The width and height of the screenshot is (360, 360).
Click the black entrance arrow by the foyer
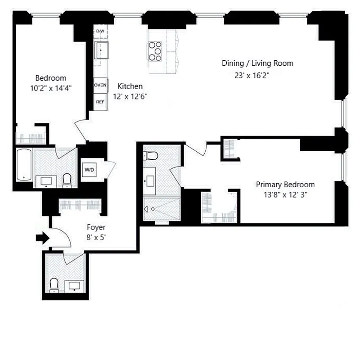42,238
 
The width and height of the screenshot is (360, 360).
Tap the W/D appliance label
89,170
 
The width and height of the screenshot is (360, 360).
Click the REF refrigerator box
100,102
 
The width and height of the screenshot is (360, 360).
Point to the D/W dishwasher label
100,31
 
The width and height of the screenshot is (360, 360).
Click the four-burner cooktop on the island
155,51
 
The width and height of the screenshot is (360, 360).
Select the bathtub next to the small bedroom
24,165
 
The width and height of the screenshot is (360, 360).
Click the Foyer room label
96,228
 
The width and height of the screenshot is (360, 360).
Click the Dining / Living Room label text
257,63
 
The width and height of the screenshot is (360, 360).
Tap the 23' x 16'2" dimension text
252,75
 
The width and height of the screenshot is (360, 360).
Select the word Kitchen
130,86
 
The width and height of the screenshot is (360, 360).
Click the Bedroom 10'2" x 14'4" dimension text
51,88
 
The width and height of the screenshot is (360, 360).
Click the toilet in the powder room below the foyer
54,285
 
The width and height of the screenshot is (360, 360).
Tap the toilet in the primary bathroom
152,156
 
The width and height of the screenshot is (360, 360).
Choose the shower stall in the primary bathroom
161,209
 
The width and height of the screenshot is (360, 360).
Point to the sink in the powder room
74,286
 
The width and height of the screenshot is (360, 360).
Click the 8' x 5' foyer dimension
96,238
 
